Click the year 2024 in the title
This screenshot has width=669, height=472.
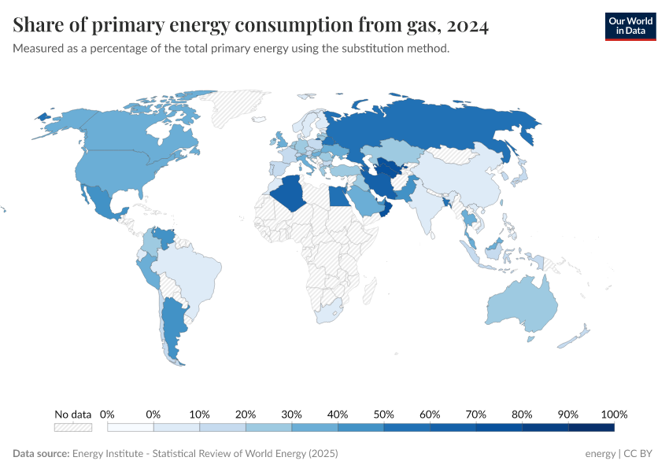466,26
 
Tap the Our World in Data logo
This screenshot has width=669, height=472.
630,26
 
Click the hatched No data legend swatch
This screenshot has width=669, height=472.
72,427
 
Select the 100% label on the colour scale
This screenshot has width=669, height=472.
614,414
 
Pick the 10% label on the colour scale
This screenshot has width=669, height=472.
199,414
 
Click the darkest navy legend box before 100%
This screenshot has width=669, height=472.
590,427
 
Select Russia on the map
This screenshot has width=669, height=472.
441,126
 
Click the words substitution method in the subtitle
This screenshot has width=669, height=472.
406,49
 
